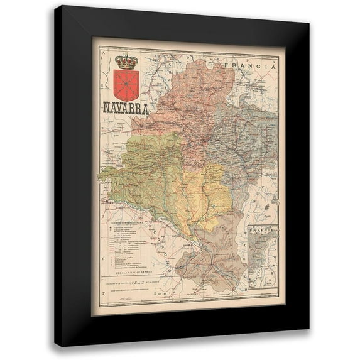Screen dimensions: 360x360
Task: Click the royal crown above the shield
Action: [x=126, y=61]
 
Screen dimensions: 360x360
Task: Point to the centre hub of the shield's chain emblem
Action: [x=126, y=82]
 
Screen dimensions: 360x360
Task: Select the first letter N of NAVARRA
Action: [x=106, y=107]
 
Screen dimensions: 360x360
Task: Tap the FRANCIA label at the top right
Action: [x=253, y=65]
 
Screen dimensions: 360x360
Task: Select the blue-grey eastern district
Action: [x=242, y=138]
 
